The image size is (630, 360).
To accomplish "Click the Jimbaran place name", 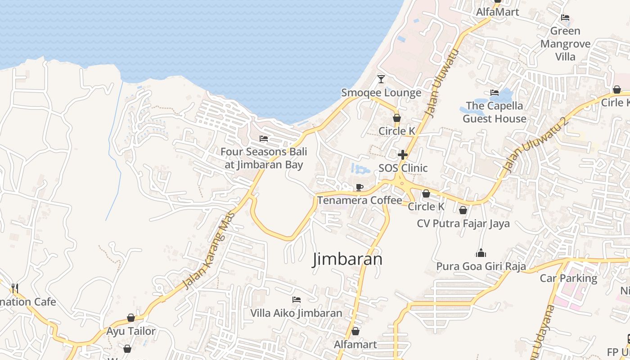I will coord(347,259).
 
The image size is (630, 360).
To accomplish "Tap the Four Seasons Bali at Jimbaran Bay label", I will coord(264,158).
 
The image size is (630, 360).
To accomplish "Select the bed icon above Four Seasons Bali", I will coord(264,139).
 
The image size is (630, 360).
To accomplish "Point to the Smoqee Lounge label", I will coord(381,93).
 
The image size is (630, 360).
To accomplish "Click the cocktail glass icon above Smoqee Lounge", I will coord(381,79).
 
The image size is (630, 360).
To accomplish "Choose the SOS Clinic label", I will coord(403,168).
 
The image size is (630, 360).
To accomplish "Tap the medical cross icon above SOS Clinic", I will coord(403,155).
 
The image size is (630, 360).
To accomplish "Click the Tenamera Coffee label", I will coord(360,200).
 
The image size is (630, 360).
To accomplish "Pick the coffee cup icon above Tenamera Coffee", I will coord(360,187).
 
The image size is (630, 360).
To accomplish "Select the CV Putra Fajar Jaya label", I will coord(463,223).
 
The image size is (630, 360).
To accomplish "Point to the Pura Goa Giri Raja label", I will coord(481,266).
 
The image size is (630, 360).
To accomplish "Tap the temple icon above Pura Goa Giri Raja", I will coord(481,253).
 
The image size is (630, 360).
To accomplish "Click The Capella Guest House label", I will coord(495,112).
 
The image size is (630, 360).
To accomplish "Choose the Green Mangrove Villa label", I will coord(565,44).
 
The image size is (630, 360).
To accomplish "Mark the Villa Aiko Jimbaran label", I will coord(296,313).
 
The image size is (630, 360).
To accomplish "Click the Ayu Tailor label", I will coord(131,331).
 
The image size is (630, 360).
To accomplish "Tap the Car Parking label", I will coord(568,278).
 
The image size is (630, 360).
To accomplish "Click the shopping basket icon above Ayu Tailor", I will coord(131,318).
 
